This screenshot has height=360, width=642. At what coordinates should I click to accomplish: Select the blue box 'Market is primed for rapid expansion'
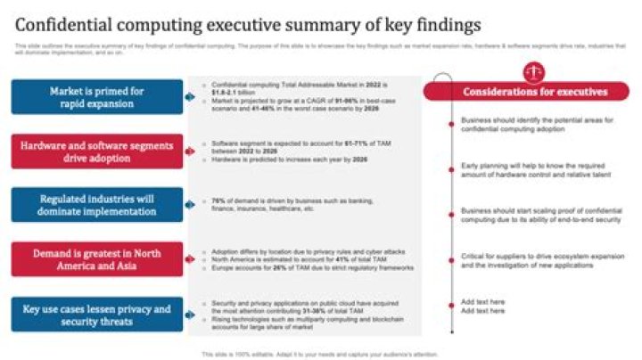97,96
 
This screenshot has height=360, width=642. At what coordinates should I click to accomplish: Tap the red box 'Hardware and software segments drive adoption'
97,151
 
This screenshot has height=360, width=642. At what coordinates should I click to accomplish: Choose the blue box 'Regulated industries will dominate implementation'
97,205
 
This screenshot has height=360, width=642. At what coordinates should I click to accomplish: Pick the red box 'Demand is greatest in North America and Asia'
97,258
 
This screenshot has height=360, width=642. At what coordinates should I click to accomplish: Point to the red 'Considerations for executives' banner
535,91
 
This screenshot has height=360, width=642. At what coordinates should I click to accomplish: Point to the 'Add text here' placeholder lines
483,305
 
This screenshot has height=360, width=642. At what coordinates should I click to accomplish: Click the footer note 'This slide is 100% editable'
320,353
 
